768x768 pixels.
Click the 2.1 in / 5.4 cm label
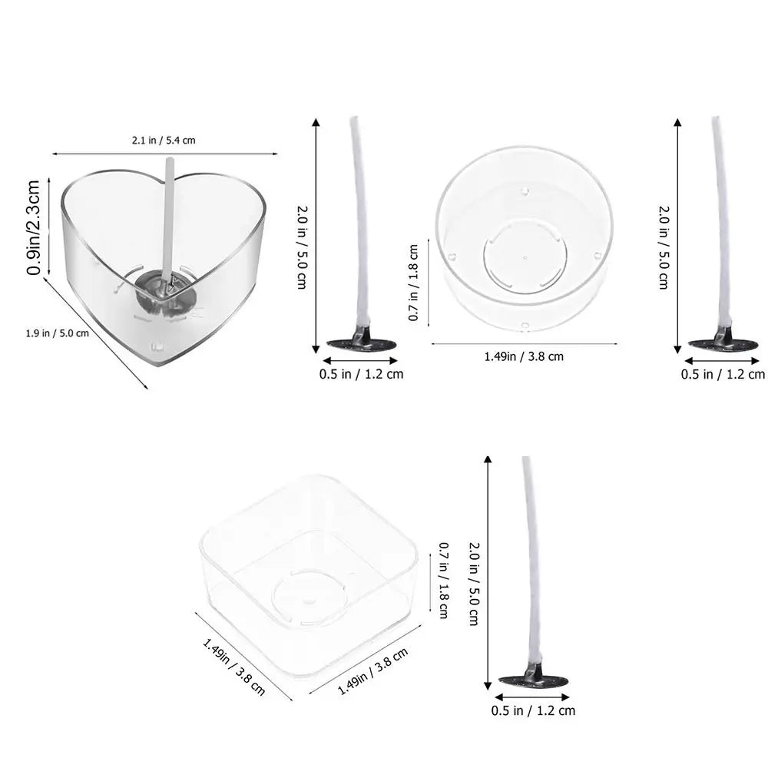tap(164, 141)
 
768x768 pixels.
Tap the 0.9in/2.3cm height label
tap(33, 227)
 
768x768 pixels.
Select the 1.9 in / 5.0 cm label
tap(58, 333)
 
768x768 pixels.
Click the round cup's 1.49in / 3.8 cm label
tap(524, 356)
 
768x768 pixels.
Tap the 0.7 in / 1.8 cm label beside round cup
tap(413, 283)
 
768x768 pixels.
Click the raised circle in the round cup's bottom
tap(525, 257)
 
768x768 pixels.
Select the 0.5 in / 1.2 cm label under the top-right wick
tap(723, 375)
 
